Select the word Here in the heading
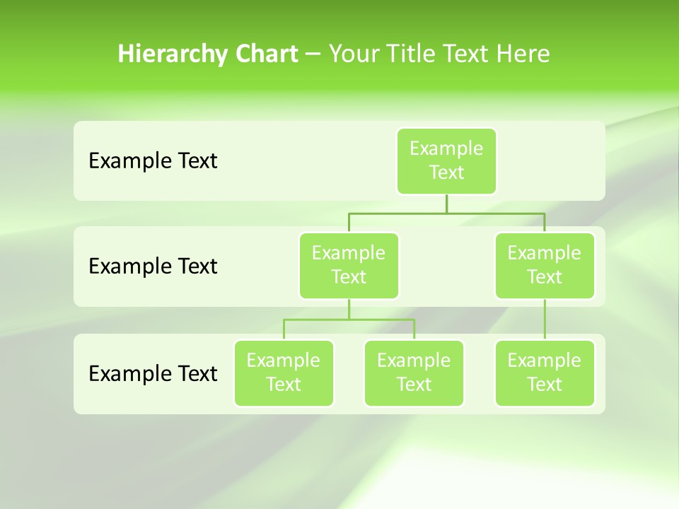pyautogui.click(x=525, y=54)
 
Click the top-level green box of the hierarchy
pyautogui.click(x=446, y=160)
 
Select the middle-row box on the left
pyautogui.click(x=349, y=265)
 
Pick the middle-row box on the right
pyautogui.click(x=545, y=265)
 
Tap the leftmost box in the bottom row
pyautogui.click(x=284, y=373)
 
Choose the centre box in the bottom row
pyautogui.click(x=414, y=373)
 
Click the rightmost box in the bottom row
pyautogui.click(x=545, y=373)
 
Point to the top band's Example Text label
pyautogui.click(x=153, y=161)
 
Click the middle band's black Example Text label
pyautogui.click(x=153, y=267)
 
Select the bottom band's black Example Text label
pyautogui.click(x=153, y=373)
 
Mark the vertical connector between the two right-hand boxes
pyautogui.click(x=545, y=320)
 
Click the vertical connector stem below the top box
pyautogui.click(x=446, y=204)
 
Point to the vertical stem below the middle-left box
pyautogui.click(x=349, y=310)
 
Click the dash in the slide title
pyautogui.click(x=313, y=54)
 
